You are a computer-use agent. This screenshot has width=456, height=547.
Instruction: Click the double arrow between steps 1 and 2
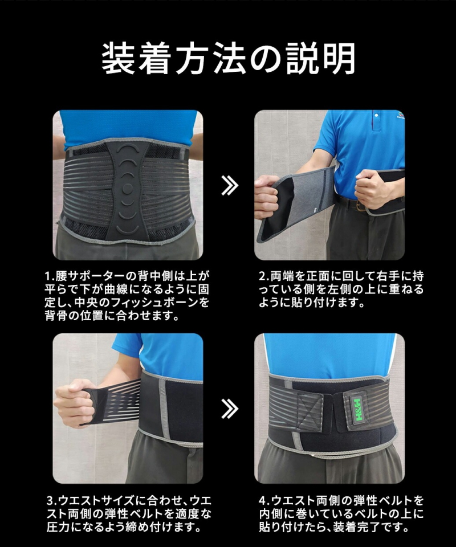click(x=229, y=185)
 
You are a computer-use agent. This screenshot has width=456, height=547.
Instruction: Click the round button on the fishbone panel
click(x=129, y=188)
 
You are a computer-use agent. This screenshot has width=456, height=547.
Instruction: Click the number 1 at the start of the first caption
click(x=48, y=276)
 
